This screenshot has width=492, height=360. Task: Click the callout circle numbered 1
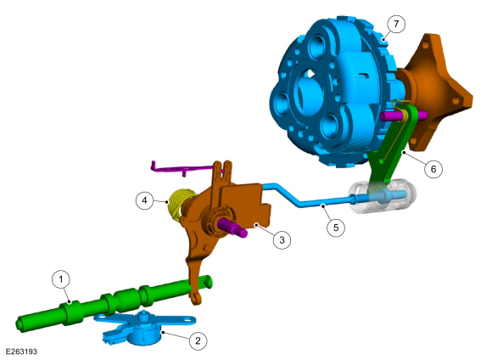(61, 278)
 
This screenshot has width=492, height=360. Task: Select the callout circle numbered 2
(198, 340)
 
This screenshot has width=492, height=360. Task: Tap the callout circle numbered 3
(282, 240)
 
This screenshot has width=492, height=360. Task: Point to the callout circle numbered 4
(145, 200)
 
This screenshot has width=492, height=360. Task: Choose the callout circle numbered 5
(336, 227)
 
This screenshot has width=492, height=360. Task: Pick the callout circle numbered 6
(433, 169)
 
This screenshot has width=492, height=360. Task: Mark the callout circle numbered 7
(396, 24)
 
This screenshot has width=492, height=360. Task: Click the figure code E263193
(21, 352)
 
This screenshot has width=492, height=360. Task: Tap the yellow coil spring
(178, 204)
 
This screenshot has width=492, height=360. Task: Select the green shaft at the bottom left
(113, 301)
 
